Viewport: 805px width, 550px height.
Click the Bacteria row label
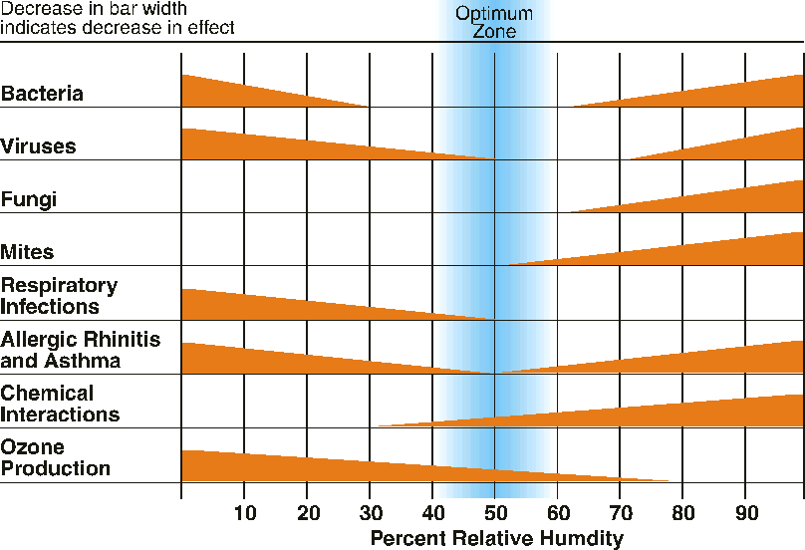point(56,95)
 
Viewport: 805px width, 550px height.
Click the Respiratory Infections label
point(59,296)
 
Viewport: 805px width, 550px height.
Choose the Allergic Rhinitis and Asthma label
point(81,350)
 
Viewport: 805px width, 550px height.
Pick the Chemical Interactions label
point(61,404)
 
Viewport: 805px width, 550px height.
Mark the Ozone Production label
point(56,457)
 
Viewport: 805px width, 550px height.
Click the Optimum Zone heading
point(494,23)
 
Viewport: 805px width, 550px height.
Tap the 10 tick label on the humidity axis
point(244,514)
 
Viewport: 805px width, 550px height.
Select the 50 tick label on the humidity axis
point(495,514)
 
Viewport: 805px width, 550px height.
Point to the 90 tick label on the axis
point(745,514)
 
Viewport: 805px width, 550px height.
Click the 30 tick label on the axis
point(370,514)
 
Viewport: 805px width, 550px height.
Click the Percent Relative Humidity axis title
point(496,539)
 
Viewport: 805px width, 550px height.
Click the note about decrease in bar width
point(118,18)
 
